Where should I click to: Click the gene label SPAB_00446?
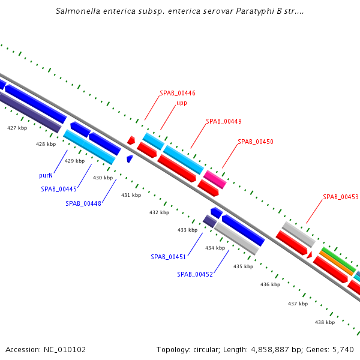pyautogui.click(x=177, y=94)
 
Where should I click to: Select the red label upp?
pyautogui.click(x=181, y=103)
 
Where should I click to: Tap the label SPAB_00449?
pyautogui.click(x=223, y=121)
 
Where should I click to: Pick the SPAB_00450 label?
pyautogui.click(x=255, y=142)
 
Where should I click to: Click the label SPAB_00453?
pyautogui.click(x=340, y=197)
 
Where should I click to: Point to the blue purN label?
pyautogui.click(x=46, y=176)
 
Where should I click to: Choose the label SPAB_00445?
pyautogui.click(x=59, y=189)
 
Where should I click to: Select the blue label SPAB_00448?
pyautogui.click(x=83, y=203)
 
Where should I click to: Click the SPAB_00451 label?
pyautogui.click(x=168, y=257)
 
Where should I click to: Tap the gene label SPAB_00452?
pyautogui.click(x=194, y=274)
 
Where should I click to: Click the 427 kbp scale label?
pyautogui.click(x=17, y=128)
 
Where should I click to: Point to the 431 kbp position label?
pyautogui.click(x=131, y=195)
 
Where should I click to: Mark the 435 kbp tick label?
pyautogui.click(x=243, y=266)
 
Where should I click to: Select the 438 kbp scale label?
pyautogui.click(x=325, y=322)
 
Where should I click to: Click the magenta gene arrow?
pyautogui.click(x=214, y=179)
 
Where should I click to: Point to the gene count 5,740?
pyautogui.click(x=343, y=349)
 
